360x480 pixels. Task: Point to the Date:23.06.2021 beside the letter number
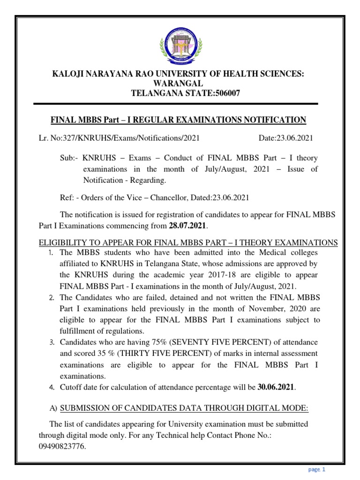286,138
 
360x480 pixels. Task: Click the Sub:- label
69,158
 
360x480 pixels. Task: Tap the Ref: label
67,197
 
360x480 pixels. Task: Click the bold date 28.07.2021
187,226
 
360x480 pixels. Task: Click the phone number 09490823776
61,447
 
